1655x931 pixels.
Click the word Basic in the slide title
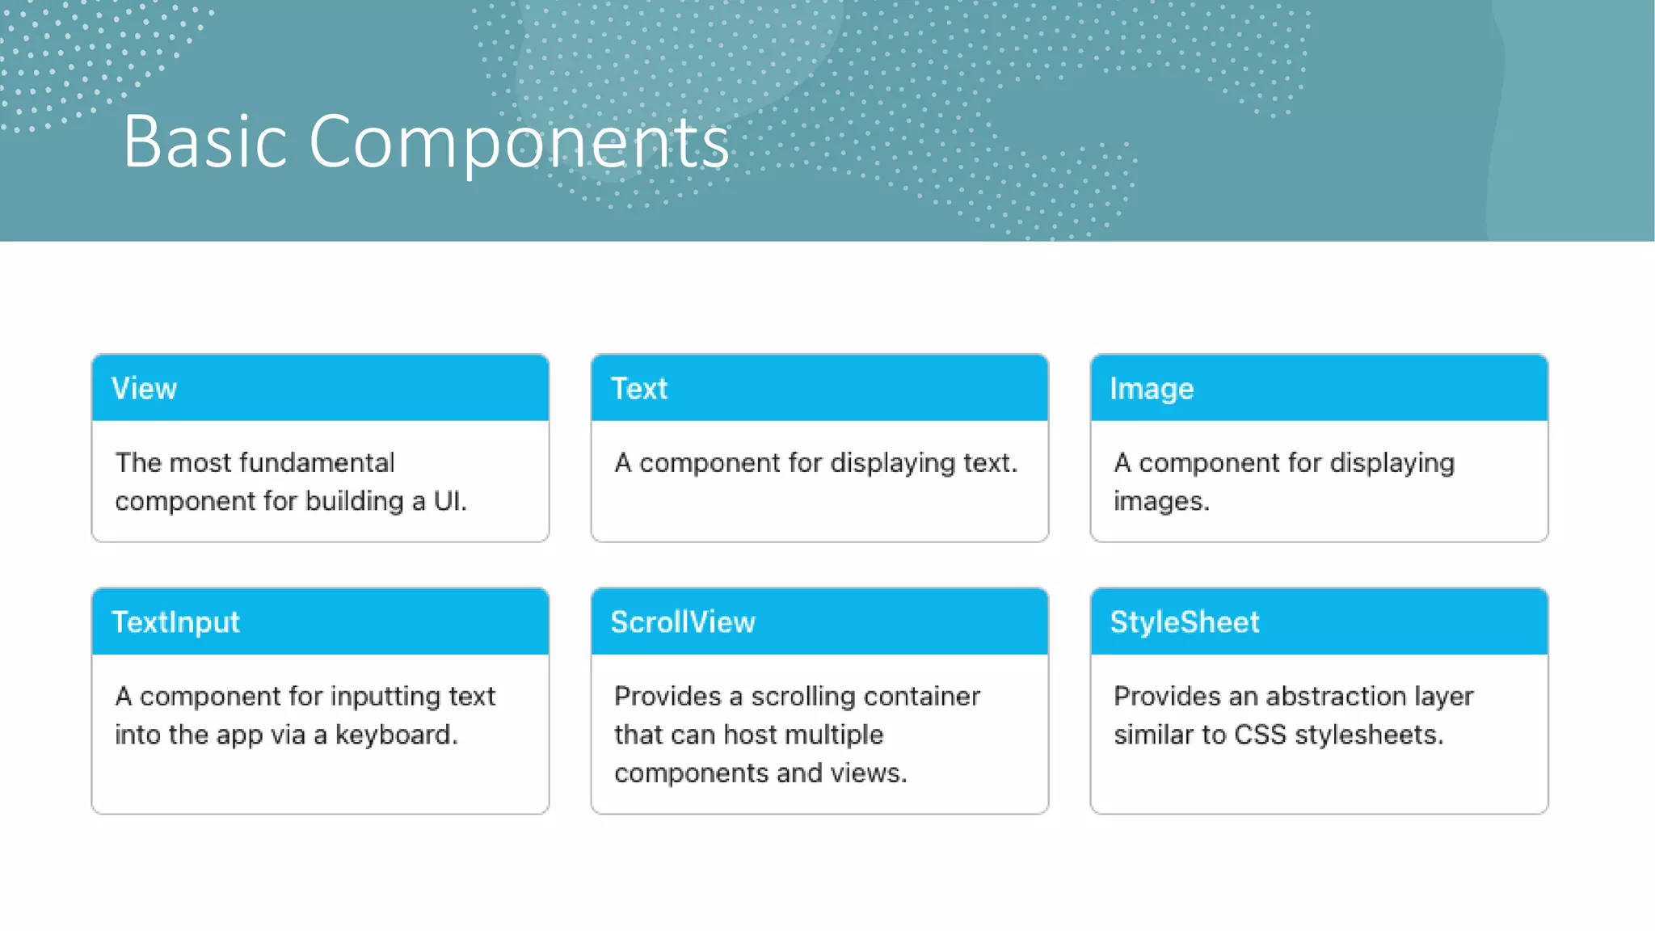[204, 142]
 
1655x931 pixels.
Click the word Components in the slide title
[519, 142]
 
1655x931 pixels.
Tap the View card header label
[144, 389]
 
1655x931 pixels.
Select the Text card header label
[638, 389]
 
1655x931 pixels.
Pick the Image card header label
[1151, 390]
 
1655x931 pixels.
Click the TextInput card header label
[175, 622]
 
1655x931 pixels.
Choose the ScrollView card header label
[683, 622]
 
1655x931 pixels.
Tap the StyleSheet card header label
[1184, 622]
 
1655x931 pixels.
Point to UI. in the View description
[449, 501]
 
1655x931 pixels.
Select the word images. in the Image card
[1160, 502]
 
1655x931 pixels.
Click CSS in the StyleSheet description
[1259, 735]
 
